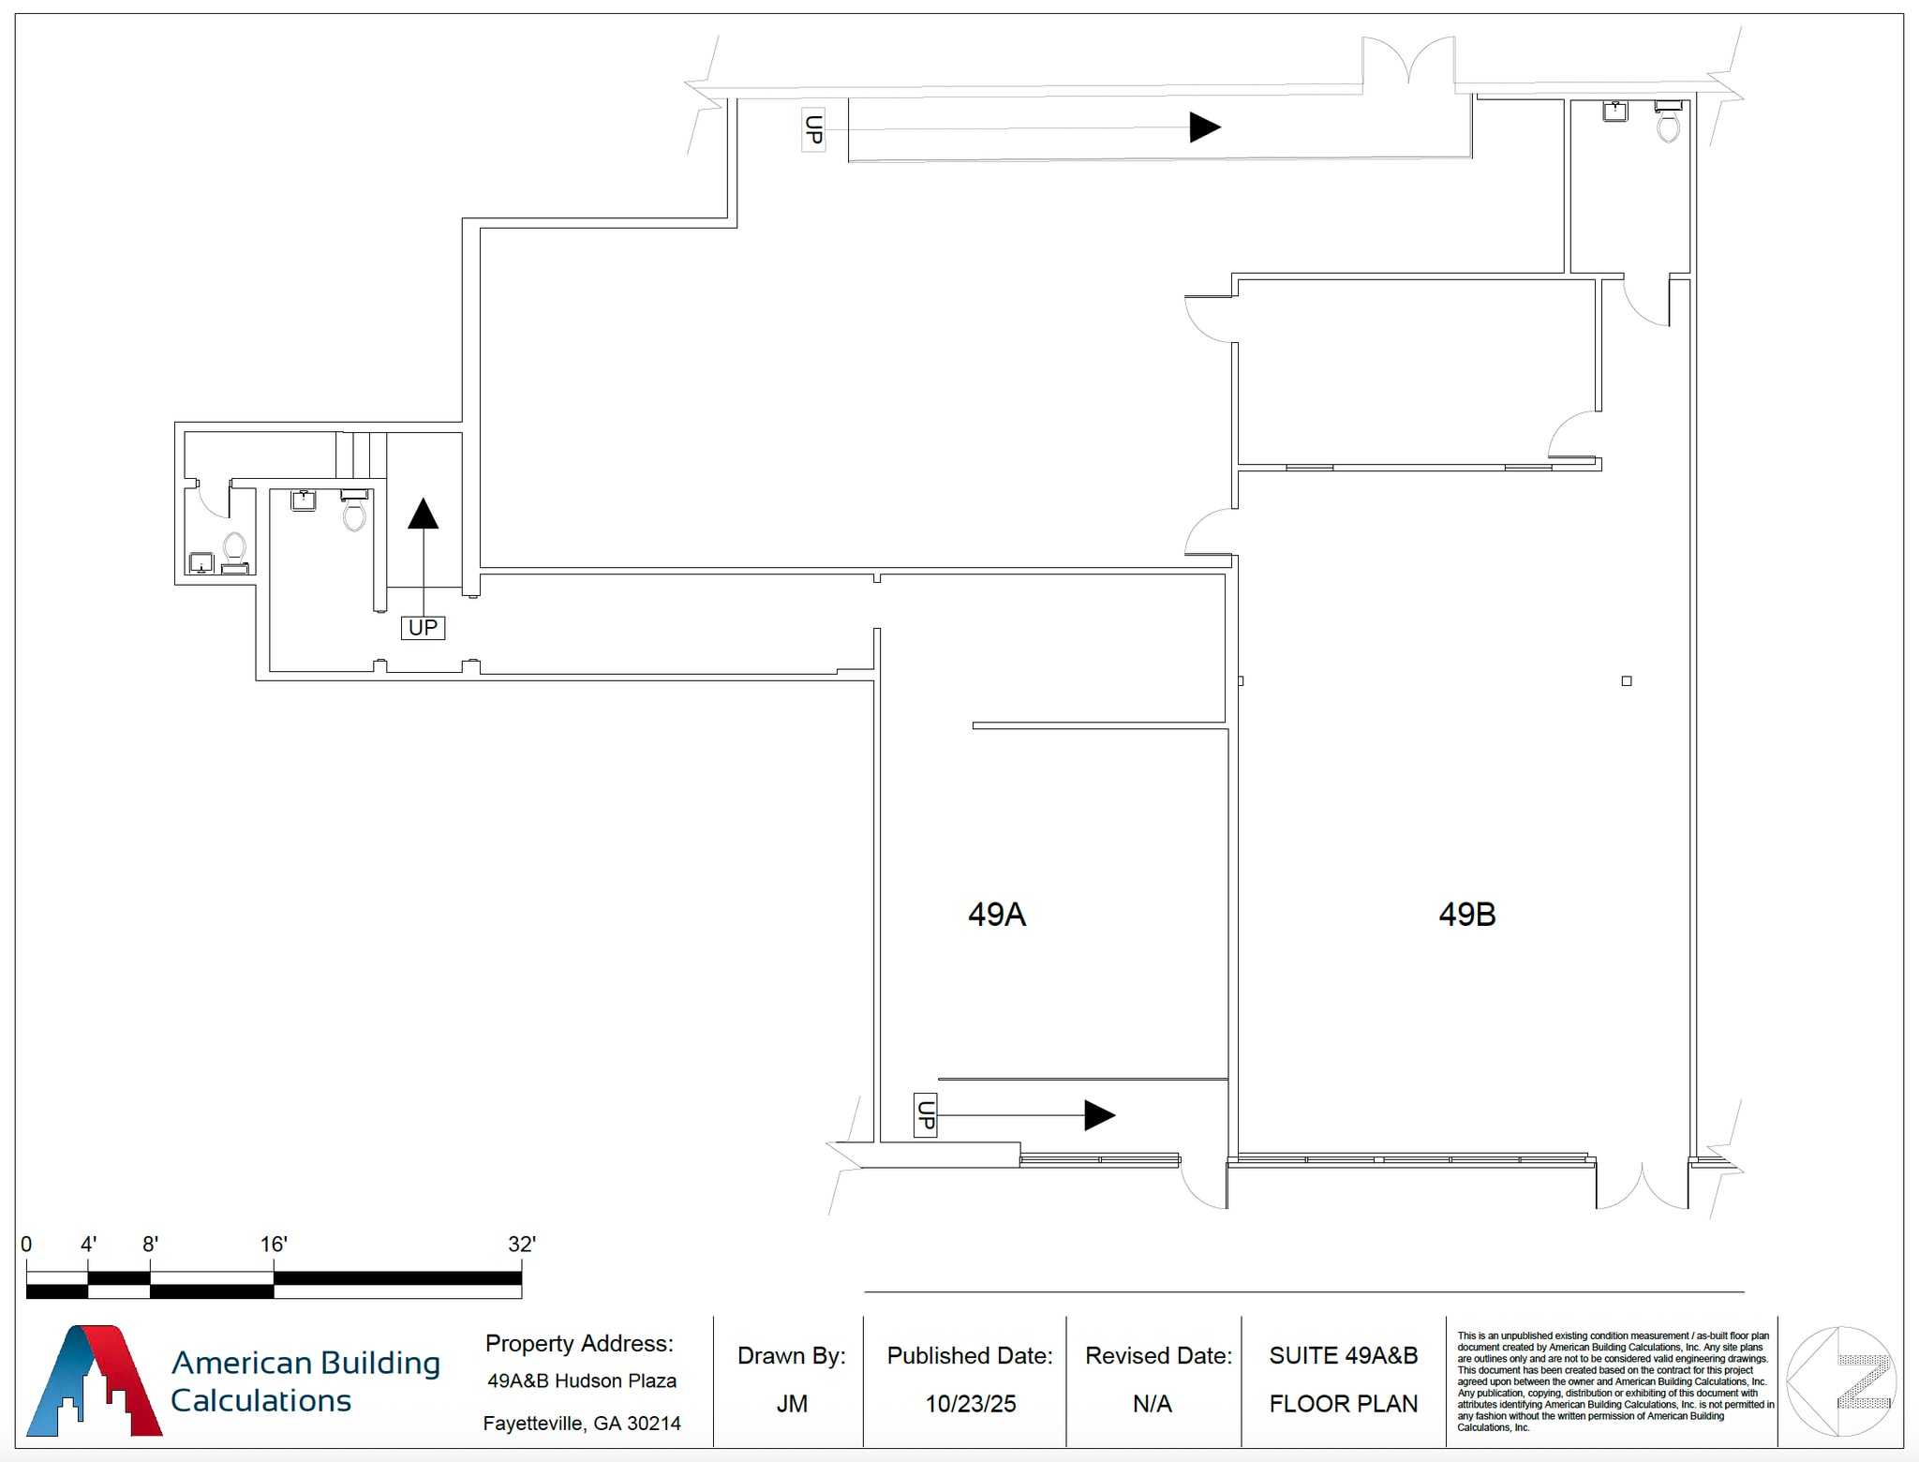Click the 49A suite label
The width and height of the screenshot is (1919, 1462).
[996, 914]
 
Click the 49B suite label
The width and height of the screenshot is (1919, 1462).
[1466, 914]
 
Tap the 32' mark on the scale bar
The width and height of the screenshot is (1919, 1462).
[521, 1245]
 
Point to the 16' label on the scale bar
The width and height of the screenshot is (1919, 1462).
[274, 1245]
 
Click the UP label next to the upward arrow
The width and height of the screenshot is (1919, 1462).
[423, 627]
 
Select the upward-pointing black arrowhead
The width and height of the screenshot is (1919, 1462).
[424, 514]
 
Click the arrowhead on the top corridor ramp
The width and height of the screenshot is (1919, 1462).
[1204, 127]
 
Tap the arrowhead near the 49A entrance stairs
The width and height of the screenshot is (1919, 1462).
[1099, 1115]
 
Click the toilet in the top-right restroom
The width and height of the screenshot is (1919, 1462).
[1668, 124]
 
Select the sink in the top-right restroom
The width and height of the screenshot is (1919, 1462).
[1614, 112]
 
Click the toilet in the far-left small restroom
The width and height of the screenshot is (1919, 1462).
[234, 547]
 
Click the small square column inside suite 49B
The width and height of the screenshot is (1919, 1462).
[1627, 681]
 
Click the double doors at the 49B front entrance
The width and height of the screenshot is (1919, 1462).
[1642, 1186]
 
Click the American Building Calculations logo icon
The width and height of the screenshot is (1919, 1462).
[94, 1380]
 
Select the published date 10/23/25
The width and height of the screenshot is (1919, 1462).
[971, 1403]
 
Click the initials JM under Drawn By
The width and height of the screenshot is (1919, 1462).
[792, 1403]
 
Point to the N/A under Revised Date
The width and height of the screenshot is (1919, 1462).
[1153, 1403]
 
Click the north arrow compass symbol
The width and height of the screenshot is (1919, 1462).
[1841, 1380]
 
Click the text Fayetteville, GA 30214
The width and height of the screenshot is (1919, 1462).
[582, 1424]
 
